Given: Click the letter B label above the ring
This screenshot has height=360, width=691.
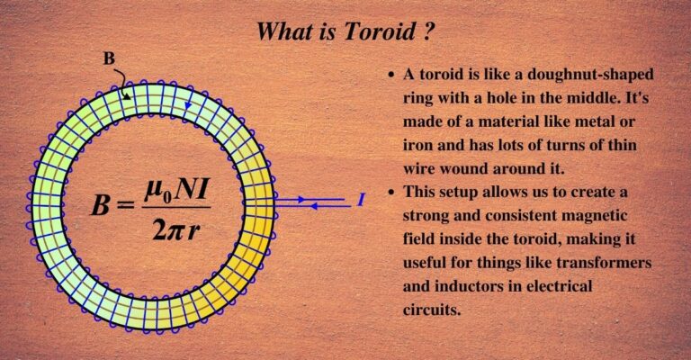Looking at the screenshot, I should tap(109, 59).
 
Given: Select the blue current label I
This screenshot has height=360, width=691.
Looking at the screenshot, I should tap(361, 200).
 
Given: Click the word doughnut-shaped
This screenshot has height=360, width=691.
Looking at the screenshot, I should tap(593, 75).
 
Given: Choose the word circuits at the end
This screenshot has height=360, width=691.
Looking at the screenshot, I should tap(433, 309).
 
